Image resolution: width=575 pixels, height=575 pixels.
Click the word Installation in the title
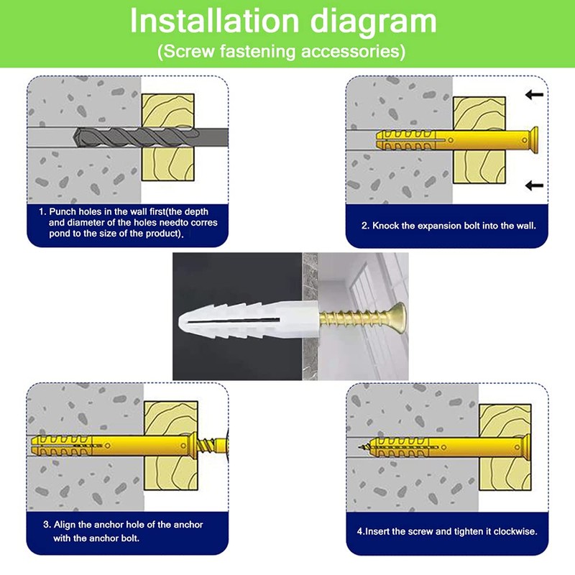[214, 21]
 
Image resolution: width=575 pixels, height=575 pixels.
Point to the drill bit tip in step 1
[75, 138]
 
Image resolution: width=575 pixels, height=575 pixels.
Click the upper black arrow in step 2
[534, 95]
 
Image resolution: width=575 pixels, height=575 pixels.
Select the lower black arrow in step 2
[534, 185]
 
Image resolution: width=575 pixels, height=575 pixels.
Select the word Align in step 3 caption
[65, 525]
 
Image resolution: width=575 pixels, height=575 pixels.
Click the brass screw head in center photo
[397, 316]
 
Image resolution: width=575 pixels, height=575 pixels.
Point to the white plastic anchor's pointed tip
[180, 321]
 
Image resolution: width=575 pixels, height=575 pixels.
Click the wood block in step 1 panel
[167, 137]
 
